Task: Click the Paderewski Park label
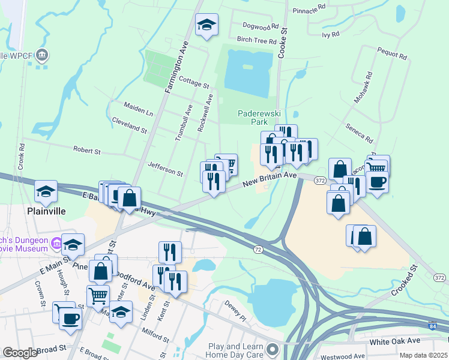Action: (x=256, y=116)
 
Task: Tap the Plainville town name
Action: (x=46, y=212)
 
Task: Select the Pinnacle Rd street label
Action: (x=309, y=10)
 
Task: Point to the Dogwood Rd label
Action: (x=261, y=26)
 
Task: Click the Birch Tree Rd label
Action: (x=256, y=41)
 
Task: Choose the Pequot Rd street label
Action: (x=393, y=55)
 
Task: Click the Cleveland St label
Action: (x=129, y=125)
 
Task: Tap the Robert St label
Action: (x=86, y=149)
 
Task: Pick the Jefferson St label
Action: (x=165, y=169)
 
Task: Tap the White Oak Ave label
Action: (x=395, y=341)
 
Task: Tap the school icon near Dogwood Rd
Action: (x=206, y=25)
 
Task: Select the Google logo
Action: (x=20, y=353)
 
